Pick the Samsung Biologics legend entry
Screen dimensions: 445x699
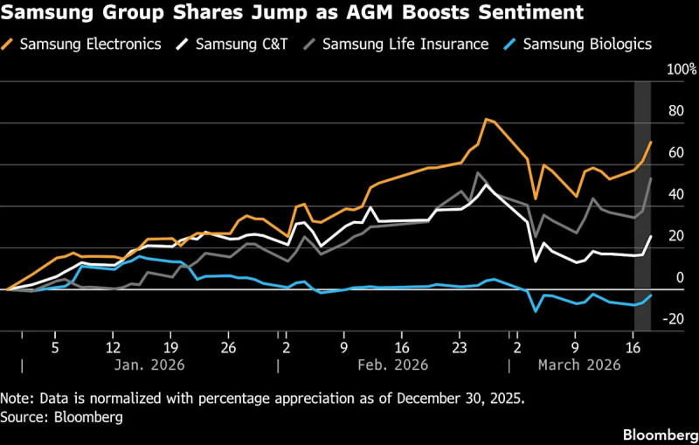click(x=586, y=44)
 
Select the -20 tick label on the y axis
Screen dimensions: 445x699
click(x=674, y=320)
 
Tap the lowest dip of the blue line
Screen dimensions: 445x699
click(x=536, y=310)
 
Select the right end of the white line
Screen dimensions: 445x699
click(x=651, y=236)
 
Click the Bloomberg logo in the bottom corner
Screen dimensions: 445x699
click(x=659, y=435)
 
